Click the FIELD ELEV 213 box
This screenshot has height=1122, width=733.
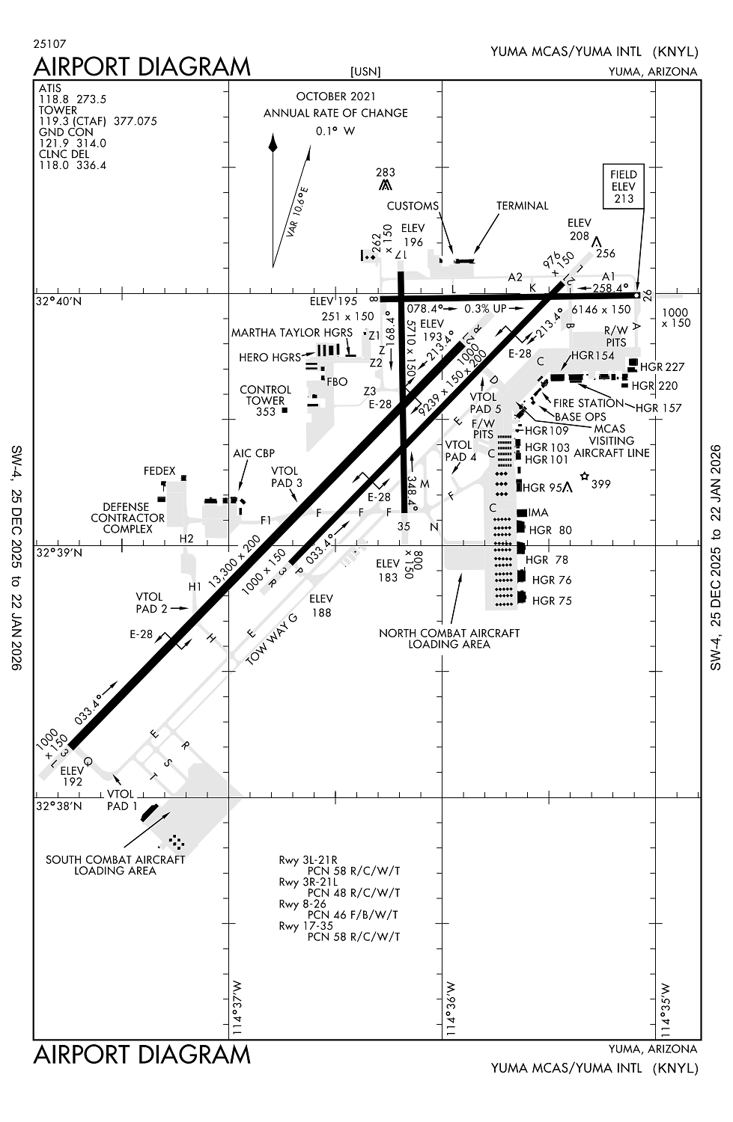(x=623, y=186)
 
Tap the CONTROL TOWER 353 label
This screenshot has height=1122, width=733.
(x=266, y=400)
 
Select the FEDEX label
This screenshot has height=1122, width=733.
(x=159, y=471)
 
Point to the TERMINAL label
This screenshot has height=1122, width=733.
(x=522, y=206)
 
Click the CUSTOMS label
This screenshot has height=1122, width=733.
(x=413, y=206)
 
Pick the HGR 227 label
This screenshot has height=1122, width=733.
(x=663, y=367)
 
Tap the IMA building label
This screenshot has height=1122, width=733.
(x=538, y=512)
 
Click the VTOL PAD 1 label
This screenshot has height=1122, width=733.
(x=122, y=800)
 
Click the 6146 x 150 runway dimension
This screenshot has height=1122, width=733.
(x=600, y=309)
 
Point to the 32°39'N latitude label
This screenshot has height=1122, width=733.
(x=61, y=553)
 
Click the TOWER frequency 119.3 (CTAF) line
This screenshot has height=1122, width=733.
(x=97, y=121)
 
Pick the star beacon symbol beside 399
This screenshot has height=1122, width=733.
(x=584, y=476)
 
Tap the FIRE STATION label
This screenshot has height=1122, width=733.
(x=588, y=403)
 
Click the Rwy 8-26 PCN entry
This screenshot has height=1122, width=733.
(x=340, y=909)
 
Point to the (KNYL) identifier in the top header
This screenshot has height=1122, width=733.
(x=675, y=52)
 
